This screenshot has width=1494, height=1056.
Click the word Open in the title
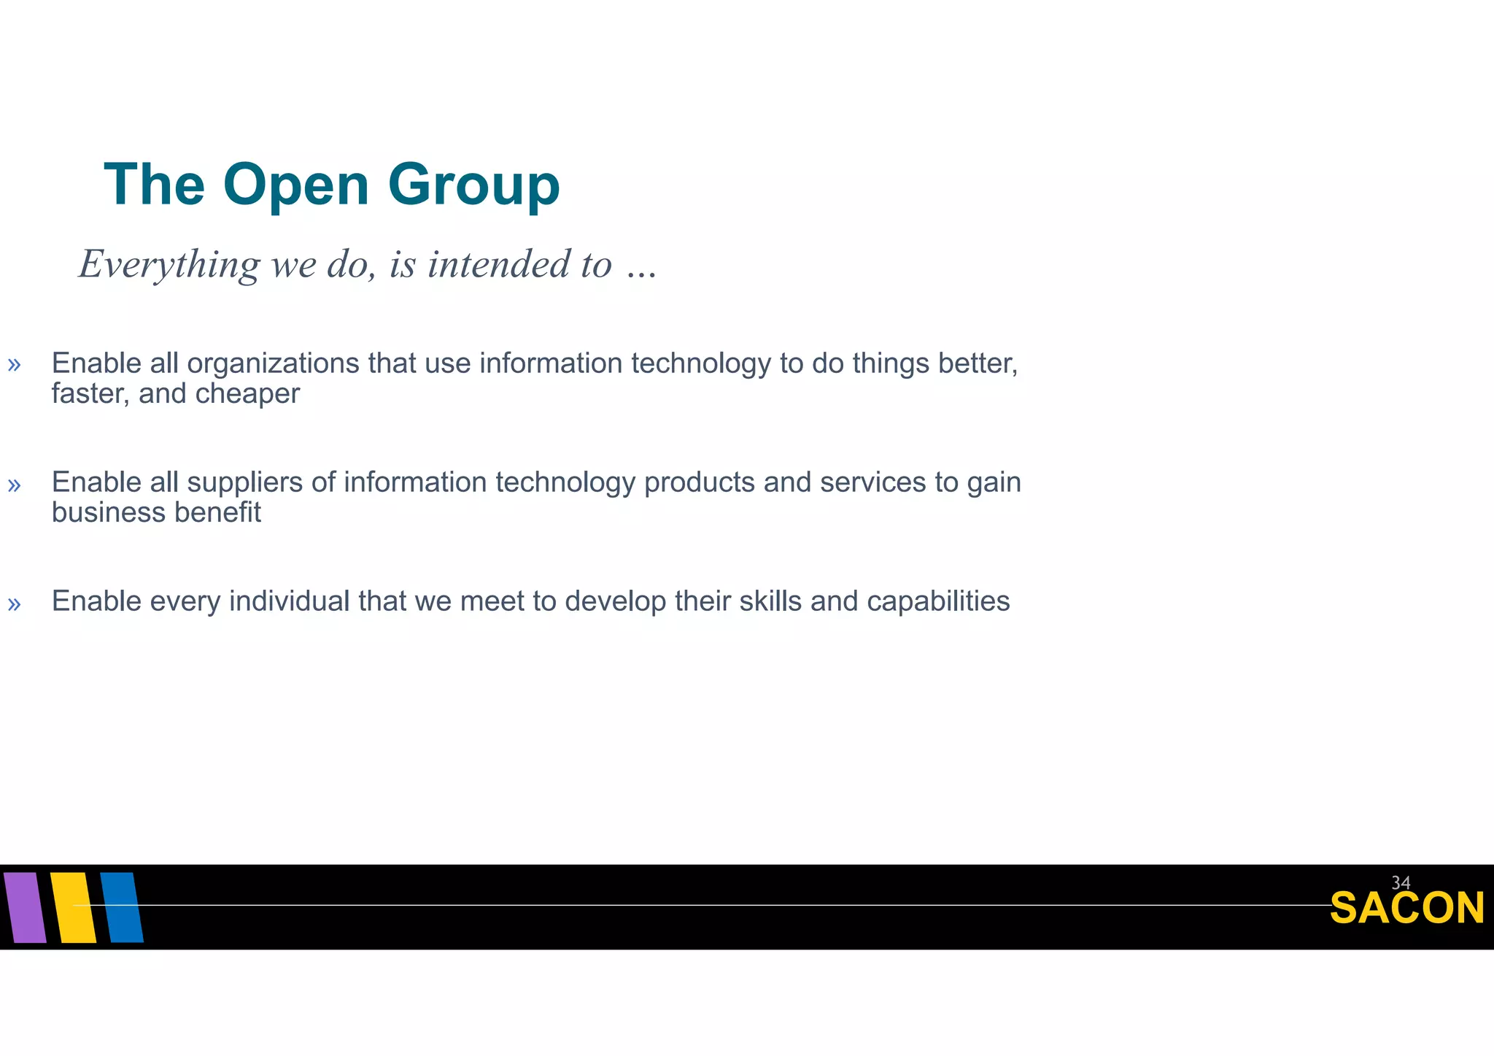[x=295, y=185]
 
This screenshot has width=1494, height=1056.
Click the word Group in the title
[x=473, y=185]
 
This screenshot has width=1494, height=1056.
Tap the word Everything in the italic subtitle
[x=169, y=264]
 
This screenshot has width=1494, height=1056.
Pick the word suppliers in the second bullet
[x=244, y=483]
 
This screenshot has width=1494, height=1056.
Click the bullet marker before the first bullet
[x=14, y=365]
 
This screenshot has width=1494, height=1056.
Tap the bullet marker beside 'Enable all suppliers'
[x=14, y=485]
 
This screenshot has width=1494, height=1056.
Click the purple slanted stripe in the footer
[x=24, y=907]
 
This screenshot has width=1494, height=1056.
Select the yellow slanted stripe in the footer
[x=74, y=907]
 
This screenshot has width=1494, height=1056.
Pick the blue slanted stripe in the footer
[x=122, y=907]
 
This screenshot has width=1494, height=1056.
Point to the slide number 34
[x=1401, y=882]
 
